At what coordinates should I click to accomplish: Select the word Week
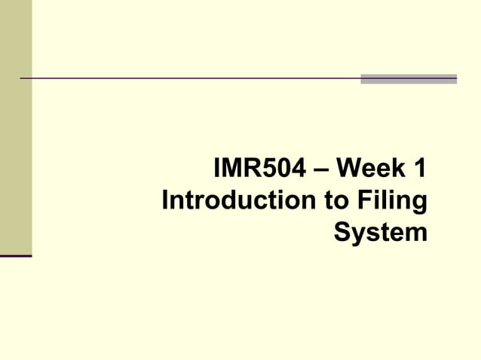[x=369, y=168]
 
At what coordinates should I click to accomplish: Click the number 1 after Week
[x=419, y=168]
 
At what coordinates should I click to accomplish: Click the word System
[x=380, y=232]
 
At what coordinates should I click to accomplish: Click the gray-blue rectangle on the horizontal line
[x=409, y=78]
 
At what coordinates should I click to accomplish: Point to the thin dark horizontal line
[x=188, y=78]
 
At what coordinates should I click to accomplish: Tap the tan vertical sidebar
[x=16, y=128]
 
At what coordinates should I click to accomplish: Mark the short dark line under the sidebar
[x=16, y=256]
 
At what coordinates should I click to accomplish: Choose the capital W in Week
[x=351, y=168]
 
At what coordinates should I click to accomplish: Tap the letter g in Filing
[x=418, y=203]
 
